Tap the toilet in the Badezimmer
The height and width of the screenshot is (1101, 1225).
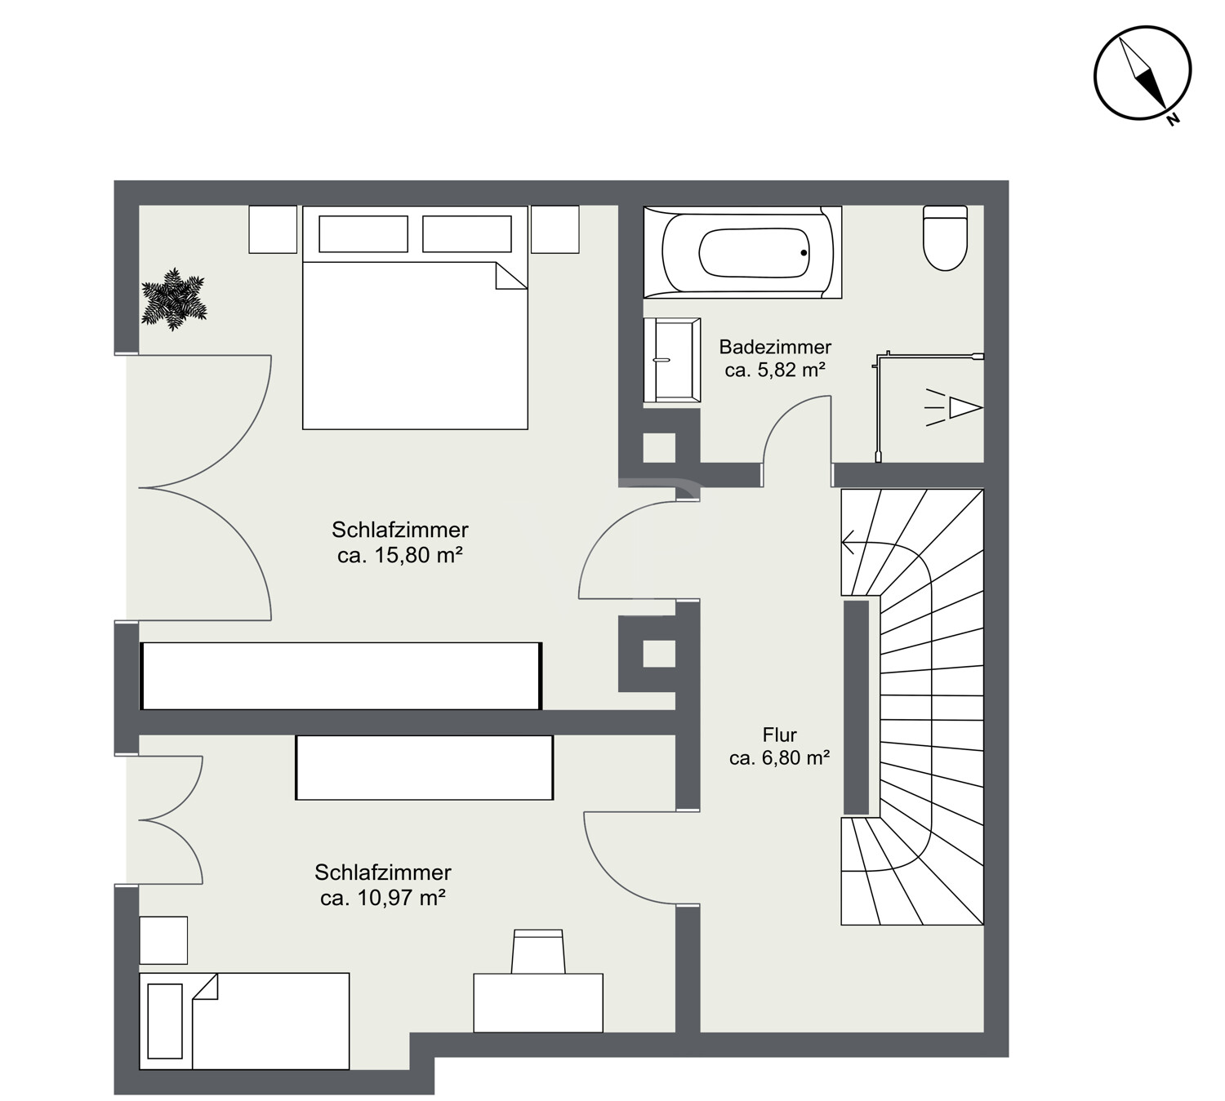945,238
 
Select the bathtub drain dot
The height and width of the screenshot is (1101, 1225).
804,253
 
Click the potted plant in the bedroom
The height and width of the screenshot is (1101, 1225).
173,299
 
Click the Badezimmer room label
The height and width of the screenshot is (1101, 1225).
775,347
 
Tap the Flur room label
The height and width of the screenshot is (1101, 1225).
779,735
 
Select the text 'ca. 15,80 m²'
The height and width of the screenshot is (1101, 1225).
399,555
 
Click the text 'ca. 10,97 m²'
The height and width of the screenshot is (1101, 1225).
382,898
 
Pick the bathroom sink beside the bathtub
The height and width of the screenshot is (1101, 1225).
672,359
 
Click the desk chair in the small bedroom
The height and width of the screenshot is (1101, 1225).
538,952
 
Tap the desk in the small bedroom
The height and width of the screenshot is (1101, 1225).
538,1003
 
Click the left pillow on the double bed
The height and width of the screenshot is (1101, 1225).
363,233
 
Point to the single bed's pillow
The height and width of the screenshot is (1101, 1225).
165,1021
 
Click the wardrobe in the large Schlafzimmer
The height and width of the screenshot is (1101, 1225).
341,676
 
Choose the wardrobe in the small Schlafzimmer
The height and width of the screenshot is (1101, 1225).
425,767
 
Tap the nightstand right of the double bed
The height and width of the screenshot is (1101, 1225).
555,229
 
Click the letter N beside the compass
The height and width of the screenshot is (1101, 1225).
1173,120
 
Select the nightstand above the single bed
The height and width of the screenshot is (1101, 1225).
163,940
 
